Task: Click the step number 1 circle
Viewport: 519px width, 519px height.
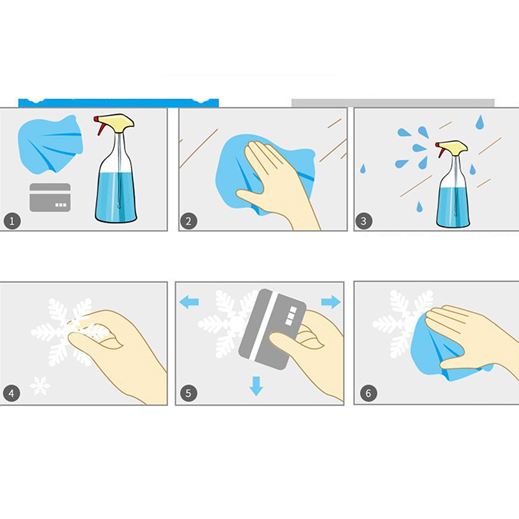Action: click(x=12, y=221)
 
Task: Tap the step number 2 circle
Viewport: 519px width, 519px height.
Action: click(x=189, y=221)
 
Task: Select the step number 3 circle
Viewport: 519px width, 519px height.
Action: click(x=363, y=221)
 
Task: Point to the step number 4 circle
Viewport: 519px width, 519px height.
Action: click(x=12, y=393)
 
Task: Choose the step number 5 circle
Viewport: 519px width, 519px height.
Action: click(x=188, y=393)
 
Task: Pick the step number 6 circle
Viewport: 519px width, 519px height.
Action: click(x=368, y=393)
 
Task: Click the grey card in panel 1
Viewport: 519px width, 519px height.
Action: click(x=50, y=197)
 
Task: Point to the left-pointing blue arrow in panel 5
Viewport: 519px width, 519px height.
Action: click(x=189, y=302)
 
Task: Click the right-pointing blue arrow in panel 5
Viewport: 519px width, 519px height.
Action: click(x=331, y=302)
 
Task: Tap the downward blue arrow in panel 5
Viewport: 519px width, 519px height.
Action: click(x=256, y=386)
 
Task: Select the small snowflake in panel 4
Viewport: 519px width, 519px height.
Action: click(x=40, y=385)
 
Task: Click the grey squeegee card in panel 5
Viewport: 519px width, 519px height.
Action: click(x=272, y=330)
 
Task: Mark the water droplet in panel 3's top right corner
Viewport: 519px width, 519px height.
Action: click(x=479, y=122)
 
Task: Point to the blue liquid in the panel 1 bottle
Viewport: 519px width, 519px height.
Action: click(x=115, y=197)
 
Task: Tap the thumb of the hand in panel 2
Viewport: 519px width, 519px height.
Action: click(x=250, y=197)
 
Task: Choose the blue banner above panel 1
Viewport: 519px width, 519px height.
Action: click(x=119, y=103)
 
